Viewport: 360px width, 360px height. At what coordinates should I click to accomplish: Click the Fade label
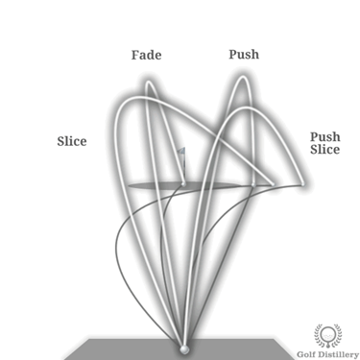coord(145,55)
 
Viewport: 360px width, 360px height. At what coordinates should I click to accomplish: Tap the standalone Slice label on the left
coord(71,141)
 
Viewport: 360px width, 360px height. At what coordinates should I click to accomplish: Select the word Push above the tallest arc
coord(244,54)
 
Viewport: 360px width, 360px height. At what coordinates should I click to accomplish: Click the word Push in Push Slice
coord(324,137)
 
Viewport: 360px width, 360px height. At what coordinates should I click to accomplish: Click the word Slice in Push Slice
coord(324,151)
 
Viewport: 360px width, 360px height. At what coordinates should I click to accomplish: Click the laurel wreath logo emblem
coord(328,335)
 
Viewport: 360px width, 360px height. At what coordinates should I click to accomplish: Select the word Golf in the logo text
coord(309,352)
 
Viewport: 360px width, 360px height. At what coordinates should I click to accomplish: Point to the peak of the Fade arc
coord(147,84)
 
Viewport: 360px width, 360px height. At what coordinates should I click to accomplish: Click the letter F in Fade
coord(134,55)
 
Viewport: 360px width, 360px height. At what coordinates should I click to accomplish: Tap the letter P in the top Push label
coord(232,54)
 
